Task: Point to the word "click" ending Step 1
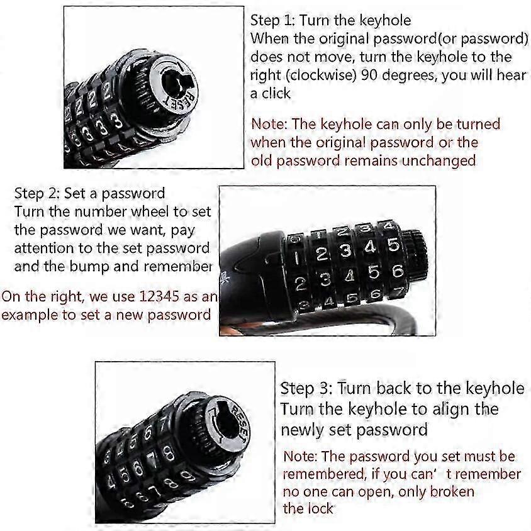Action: [276, 93]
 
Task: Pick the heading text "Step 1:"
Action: [272, 21]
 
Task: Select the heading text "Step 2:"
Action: [37, 194]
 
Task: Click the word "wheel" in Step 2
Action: [150, 211]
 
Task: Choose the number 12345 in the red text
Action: [159, 296]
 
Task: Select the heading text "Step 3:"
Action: [306, 388]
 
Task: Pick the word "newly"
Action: [302, 430]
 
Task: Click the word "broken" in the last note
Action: [452, 491]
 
